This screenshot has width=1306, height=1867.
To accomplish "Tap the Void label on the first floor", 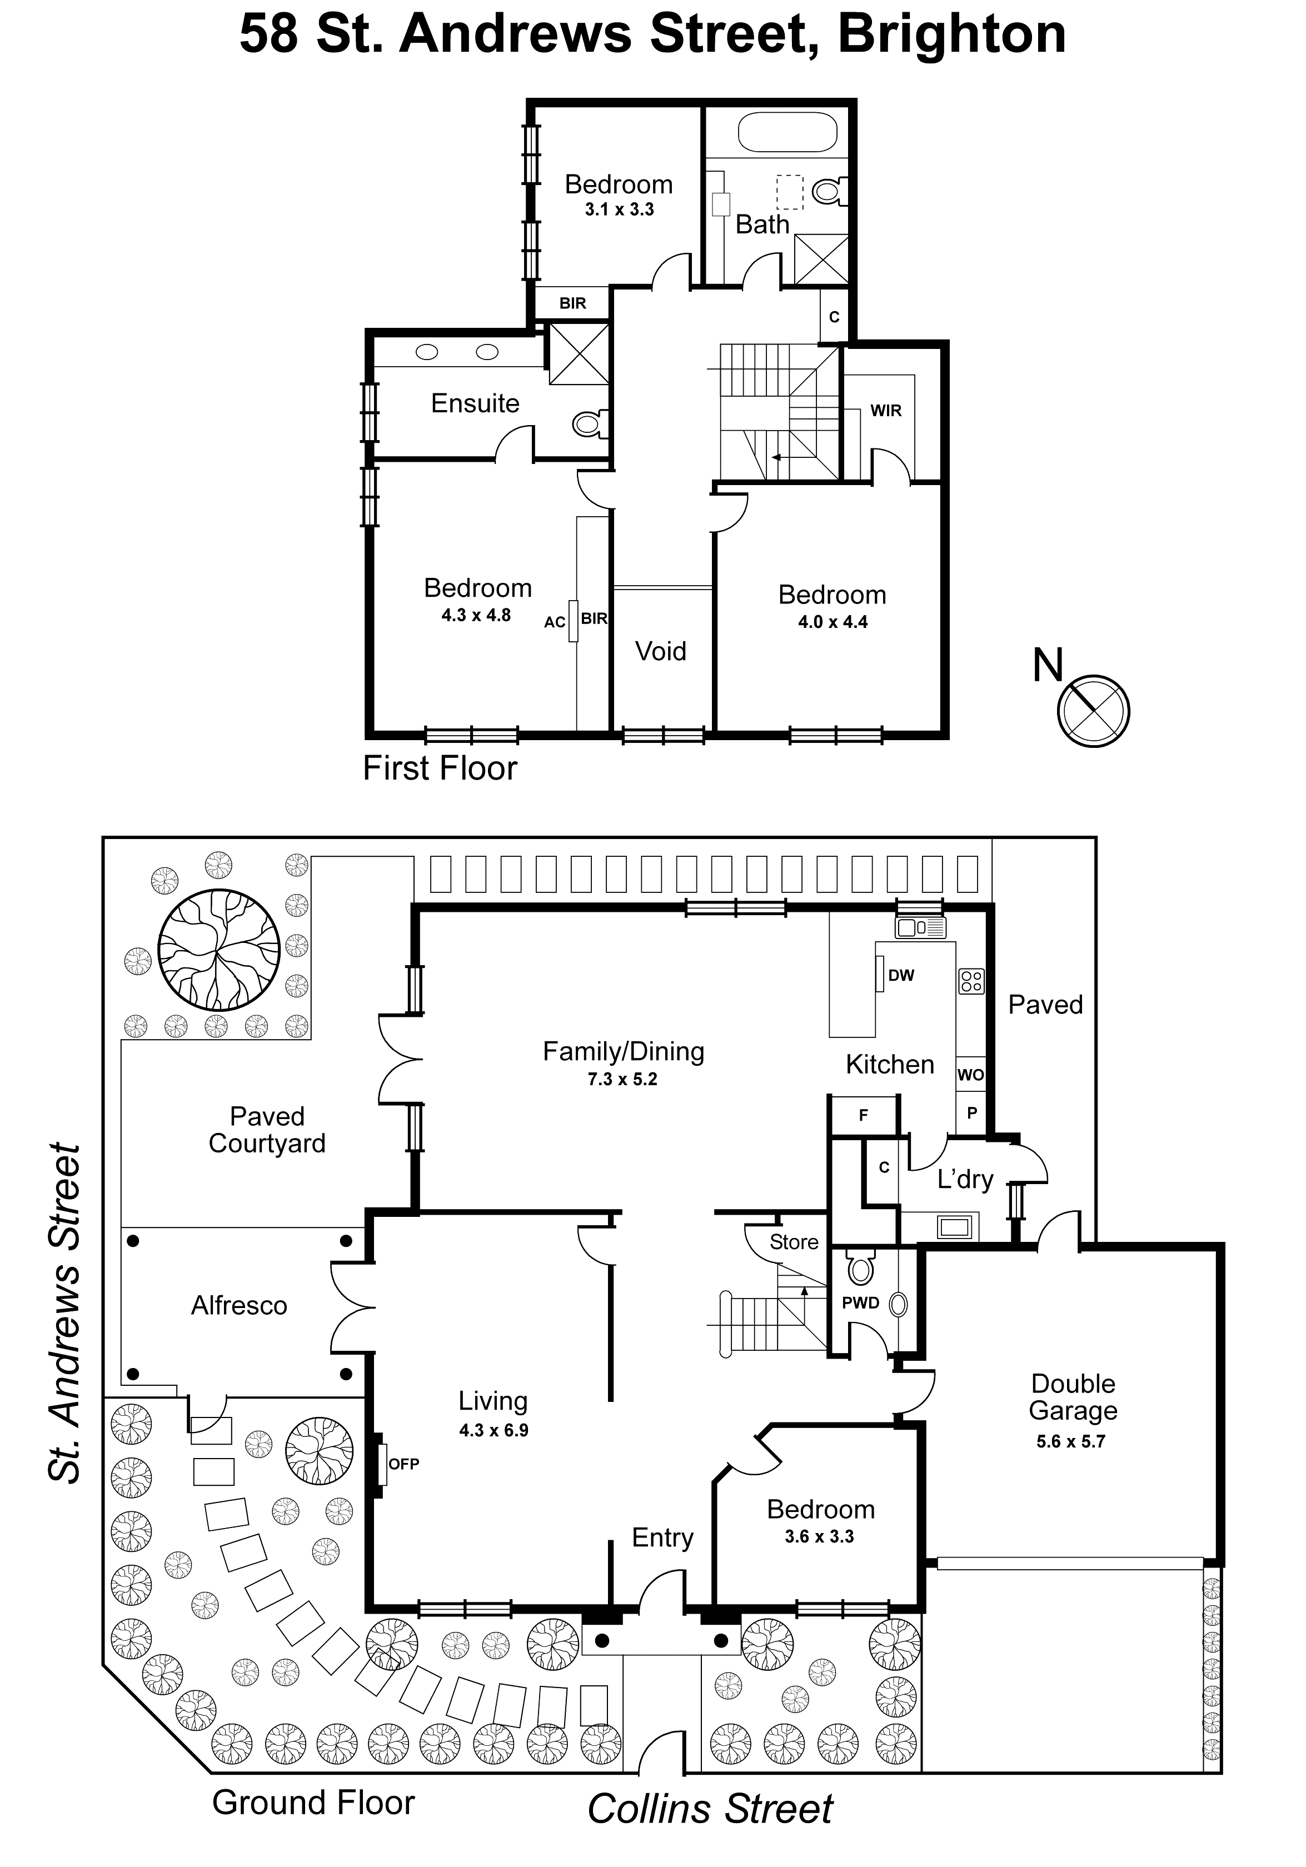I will pos(660,651).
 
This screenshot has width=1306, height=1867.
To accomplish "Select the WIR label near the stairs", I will pos(885,411).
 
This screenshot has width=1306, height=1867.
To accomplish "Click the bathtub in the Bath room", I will pos(786,133).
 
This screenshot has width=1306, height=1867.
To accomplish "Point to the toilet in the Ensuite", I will pos(588,423).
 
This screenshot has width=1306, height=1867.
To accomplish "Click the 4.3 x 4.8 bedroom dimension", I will pos(476,616).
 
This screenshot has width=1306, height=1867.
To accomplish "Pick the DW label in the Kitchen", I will pos(900,975).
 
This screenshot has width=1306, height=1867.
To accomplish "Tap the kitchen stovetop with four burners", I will pos(971,981).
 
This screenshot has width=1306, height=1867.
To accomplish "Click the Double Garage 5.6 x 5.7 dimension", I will pos(1070,1442).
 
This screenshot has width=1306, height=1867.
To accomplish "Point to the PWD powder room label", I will pos(860,1302).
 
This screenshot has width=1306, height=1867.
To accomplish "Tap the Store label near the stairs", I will pos(794,1242).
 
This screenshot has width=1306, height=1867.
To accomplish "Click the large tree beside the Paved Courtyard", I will pos(219,950).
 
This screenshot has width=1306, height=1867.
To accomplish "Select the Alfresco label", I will pos(239,1305).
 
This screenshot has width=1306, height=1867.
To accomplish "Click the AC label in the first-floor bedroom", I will pos(555,622).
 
